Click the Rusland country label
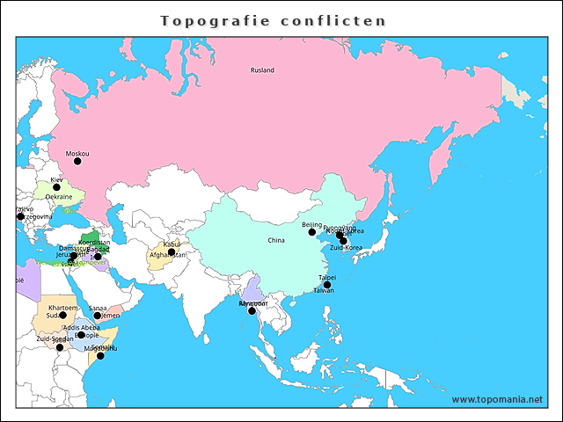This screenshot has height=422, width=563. (262, 70)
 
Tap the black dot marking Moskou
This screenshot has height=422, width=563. (77, 161)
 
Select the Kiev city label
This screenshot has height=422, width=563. (56, 179)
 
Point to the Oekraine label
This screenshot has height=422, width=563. (59, 197)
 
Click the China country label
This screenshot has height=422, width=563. (276, 240)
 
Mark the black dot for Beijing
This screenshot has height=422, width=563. (311, 233)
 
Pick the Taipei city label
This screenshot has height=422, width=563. (327, 277)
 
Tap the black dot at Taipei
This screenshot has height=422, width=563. (327, 285)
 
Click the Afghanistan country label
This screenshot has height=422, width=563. (167, 255)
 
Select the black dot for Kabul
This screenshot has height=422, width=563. (172, 251)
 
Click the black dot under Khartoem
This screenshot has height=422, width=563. (62, 315)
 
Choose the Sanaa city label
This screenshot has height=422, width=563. (98, 308)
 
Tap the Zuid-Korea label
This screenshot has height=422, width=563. (346, 248)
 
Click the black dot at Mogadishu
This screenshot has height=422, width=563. (100, 355)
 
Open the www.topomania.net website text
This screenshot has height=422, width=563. (498, 399)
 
